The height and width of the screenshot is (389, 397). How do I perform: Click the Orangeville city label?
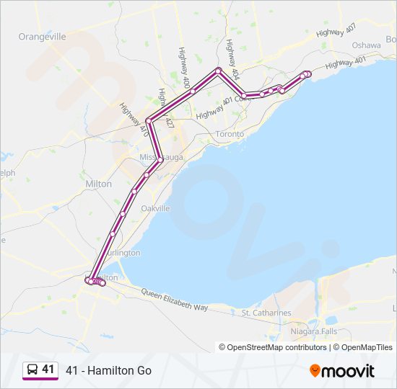pyautogui.click(x=42, y=37)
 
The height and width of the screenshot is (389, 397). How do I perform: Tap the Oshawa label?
pyautogui.click(x=366, y=45)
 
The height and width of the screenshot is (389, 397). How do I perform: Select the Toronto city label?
pyautogui.click(x=230, y=134)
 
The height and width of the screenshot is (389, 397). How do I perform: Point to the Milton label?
pyautogui.click(x=98, y=184)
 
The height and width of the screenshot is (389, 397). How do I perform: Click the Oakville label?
pyautogui.click(x=155, y=208)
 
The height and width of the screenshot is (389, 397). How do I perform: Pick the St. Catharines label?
pyautogui.click(x=266, y=313)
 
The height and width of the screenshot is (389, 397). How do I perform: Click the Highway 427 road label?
pyautogui.click(x=167, y=109)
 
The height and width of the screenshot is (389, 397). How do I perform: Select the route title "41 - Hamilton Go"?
pyautogui.click(x=108, y=370)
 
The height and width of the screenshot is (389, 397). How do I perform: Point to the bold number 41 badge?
pyautogui.click(x=48, y=370)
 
